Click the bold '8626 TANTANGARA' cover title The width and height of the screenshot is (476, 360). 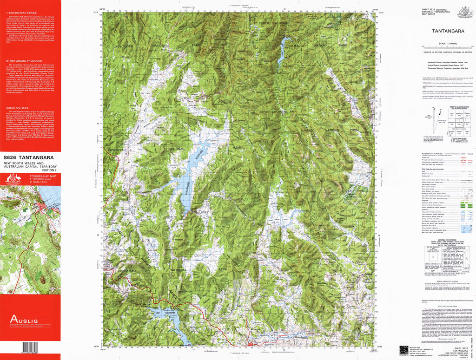click(28, 157)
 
